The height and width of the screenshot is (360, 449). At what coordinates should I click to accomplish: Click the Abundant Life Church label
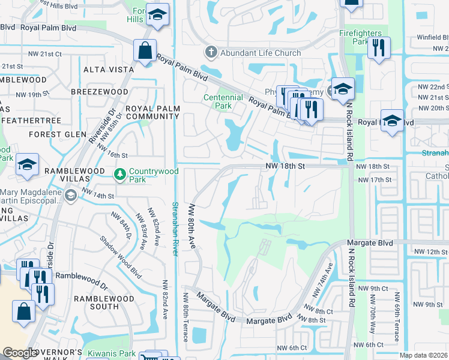261,53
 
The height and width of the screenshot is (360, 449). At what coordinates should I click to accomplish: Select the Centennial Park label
217,101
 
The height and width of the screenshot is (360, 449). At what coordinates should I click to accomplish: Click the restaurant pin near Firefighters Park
379,49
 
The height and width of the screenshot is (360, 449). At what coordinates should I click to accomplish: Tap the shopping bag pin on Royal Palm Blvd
145,51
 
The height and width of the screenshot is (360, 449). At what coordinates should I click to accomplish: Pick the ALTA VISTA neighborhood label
109,70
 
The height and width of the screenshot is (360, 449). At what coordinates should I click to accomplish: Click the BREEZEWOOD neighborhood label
99,92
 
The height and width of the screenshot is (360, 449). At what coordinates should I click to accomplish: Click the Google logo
19,353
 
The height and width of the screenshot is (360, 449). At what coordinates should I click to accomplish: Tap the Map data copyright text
423,355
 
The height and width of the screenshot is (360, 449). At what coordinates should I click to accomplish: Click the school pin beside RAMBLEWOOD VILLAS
27,166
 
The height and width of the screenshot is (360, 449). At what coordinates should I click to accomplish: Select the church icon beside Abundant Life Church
211,53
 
